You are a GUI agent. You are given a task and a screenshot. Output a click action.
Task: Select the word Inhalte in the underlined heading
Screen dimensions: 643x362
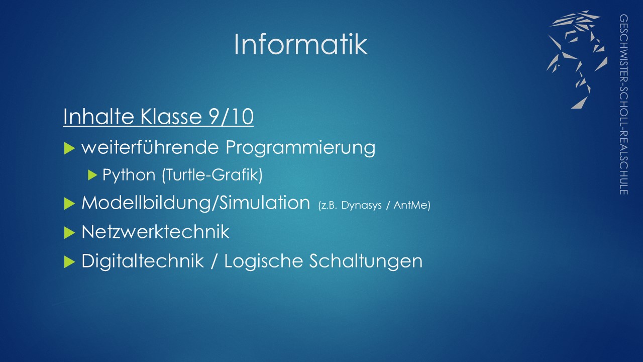click(x=98, y=116)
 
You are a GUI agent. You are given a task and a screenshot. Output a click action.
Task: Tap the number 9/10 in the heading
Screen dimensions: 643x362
click(x=232, y=117)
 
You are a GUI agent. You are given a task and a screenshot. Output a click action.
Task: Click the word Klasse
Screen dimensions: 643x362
click(x=171, y=116)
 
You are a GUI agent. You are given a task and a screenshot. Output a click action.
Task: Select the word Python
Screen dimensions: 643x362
click(x=129, y=174)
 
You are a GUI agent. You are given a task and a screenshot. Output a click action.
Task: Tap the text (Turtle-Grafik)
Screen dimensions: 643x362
click(x=212, y=174)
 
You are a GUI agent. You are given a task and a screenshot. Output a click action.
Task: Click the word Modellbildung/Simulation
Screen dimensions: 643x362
click(x=196, y=203)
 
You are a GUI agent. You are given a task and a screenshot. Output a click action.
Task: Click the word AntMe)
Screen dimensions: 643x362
click(x=412, y=205)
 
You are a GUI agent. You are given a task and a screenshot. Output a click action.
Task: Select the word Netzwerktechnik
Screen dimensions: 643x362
click(x=155, y=232)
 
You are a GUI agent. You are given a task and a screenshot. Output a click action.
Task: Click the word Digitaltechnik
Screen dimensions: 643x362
click(x=143, y=261)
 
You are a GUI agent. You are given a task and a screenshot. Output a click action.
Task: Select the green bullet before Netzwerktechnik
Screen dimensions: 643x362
click(x=69, y=233)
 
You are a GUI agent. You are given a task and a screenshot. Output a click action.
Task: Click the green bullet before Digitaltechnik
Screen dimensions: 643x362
click(x=69, y=262)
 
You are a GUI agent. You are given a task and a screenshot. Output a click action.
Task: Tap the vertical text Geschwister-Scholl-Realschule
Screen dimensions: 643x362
click(x=623, y=104)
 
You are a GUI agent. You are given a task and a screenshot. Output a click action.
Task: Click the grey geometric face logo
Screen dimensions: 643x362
click(x=577, y=59)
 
